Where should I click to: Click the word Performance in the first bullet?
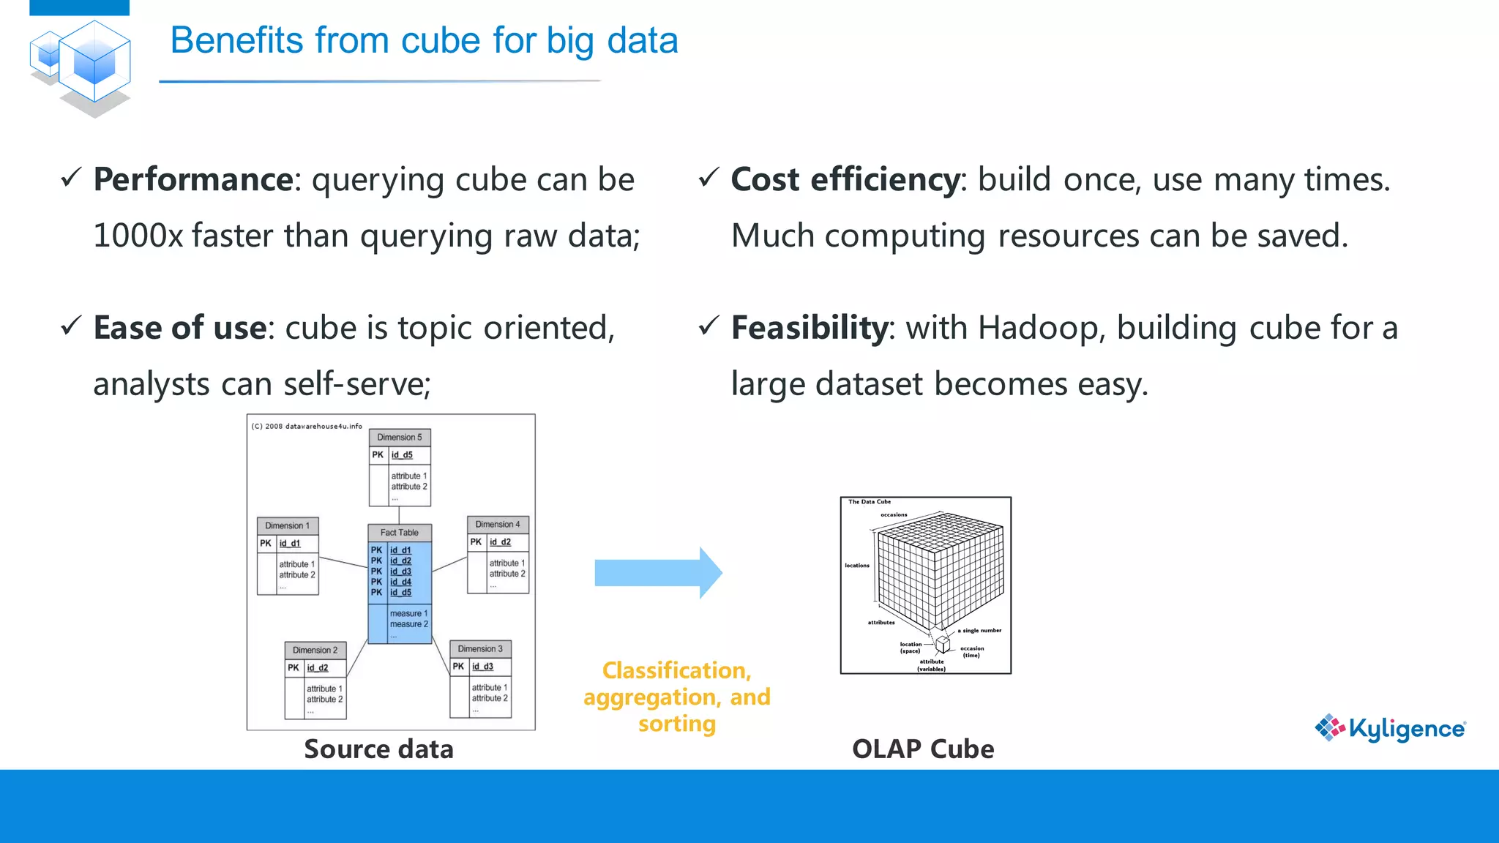pyautogui.click(x=193, y=179)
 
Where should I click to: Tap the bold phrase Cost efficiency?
pyautogui.click(x=845, y=179)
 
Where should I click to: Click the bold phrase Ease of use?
pyautogui.click(x=179, y=327)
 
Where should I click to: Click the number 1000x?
pyautogui.click(x=138, y=236)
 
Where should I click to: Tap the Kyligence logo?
pyautogui.click(x=1390, y=728)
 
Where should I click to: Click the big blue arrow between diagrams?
pyautogui.click(x=657, y=573)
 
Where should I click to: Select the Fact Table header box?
pyautogui.click(x=400, y=533)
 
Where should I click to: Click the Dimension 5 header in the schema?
pyautogui.click(x=400, y=438)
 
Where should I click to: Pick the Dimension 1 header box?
pyautogui.click(x=288, y=526)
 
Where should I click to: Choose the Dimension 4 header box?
pyautogui.click(x=498, y=525)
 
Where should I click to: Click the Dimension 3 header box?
pyautogui.click(x=480, y=649)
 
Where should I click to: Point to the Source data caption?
pyautogui.click(x=378, y=749)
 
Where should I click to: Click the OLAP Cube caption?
pyautogui.click(x=923, y=749)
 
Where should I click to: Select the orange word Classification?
pyautogui.click(x=676, y=670)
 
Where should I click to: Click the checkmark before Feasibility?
pyautogui.click(x=709, y=326)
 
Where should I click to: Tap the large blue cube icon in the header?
pyautogui.click(x=94, y=62)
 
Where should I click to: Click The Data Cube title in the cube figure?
pyautogui.click(x=870, y=502)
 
